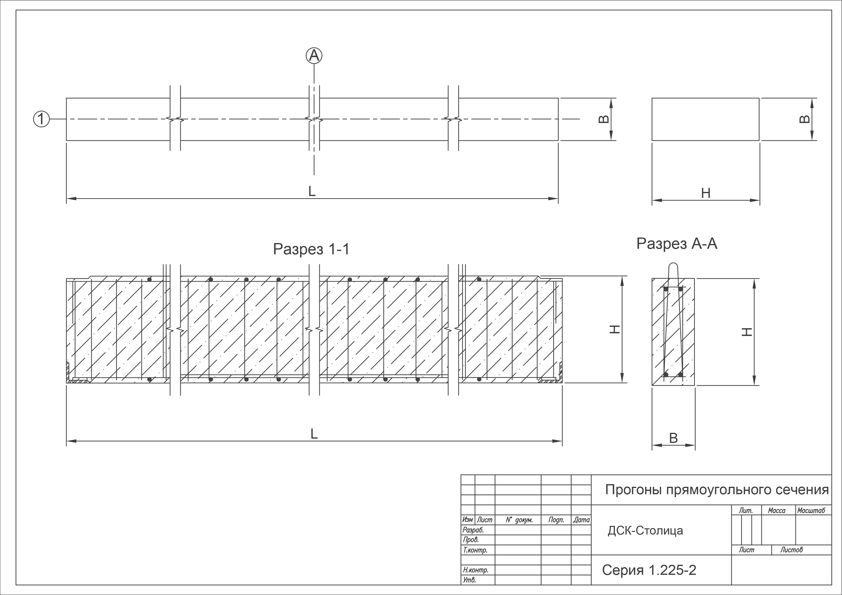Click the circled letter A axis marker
click(x=314, y=56)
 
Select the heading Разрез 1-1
click(x=311, y=249)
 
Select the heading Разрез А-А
click(x=677, y=244)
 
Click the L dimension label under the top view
click(x=312, y=191)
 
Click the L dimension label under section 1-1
click(x=314, y=434)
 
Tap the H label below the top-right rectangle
click(x=706, y=193)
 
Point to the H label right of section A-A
click(x=747, y=332)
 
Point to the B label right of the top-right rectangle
click(x=804, y=119)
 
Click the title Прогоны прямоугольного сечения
click(x=717, y=489)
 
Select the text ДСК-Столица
click(x=645, y=530)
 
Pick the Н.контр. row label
click(x=476, y=570)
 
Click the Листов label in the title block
click(x=791, y=550)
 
